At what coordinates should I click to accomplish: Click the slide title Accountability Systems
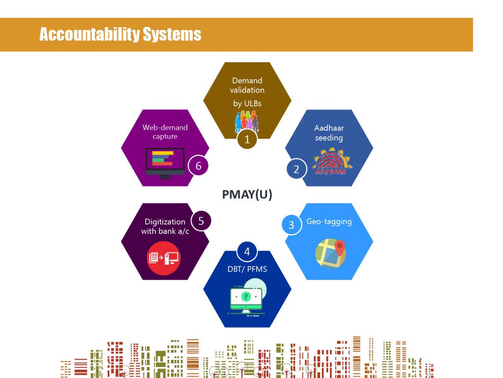tap(120, 34)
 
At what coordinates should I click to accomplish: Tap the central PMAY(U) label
tap(247, 195)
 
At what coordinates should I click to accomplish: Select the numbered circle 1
tap(247, 139)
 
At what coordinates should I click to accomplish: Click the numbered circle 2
tap(296, 169)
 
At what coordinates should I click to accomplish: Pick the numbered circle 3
tap(291, 225)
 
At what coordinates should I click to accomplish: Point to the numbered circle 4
tap(247, 252)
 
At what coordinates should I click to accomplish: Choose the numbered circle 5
tap(201, 221)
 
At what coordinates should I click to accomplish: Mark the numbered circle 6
tap(198, 166)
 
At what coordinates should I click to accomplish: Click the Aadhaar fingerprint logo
tap(332, 162)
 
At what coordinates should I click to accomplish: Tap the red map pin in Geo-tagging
tap(340, 246)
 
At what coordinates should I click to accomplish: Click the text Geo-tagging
tap(329, 221)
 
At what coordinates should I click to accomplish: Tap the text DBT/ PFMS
tap(247, 269)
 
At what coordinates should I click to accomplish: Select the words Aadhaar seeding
tap(329, 133)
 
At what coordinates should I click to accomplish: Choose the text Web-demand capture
tap(165, 131)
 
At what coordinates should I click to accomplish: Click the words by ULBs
tap(247, 103)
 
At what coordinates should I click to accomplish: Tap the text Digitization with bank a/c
tap(165, 226)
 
